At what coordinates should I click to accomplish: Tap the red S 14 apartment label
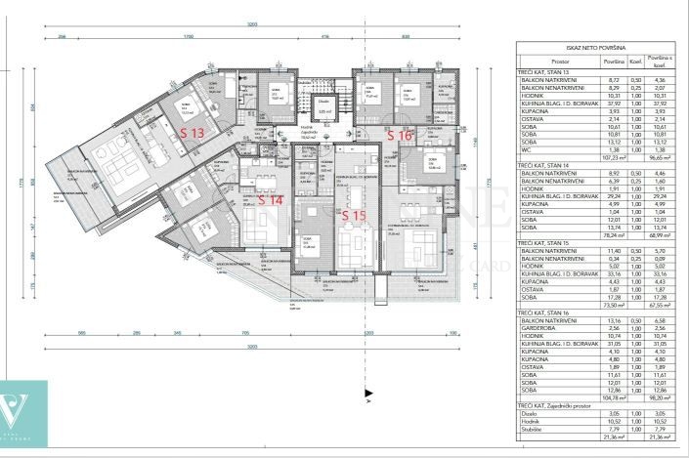click(271, 199)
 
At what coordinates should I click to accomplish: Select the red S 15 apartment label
click(354, 215)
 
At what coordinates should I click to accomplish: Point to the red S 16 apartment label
click(400, 136)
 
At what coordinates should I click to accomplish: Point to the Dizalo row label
click(529, 413)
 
